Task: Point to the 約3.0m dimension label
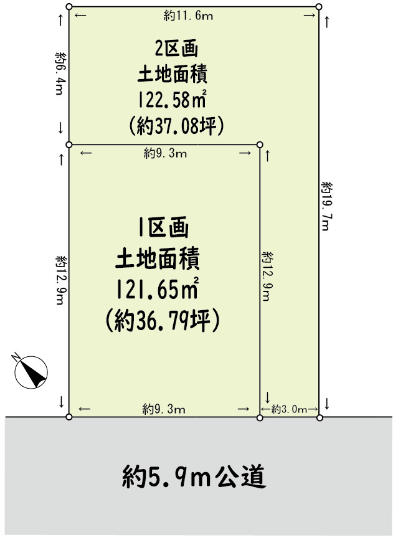pyautogui.click(x=290, y=409)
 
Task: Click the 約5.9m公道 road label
pyautogui.click(x=194, y=478)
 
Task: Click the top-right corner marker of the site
pyautogui.click(x=319, y=6)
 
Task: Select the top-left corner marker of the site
pyautogui.click(x=69, y=6)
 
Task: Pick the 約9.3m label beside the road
pyautogui.click(x=164, y=409)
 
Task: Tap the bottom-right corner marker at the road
pyautogui.click(x=320, y=417)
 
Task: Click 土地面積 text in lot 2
pyautogui.click(x=172, y=73)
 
